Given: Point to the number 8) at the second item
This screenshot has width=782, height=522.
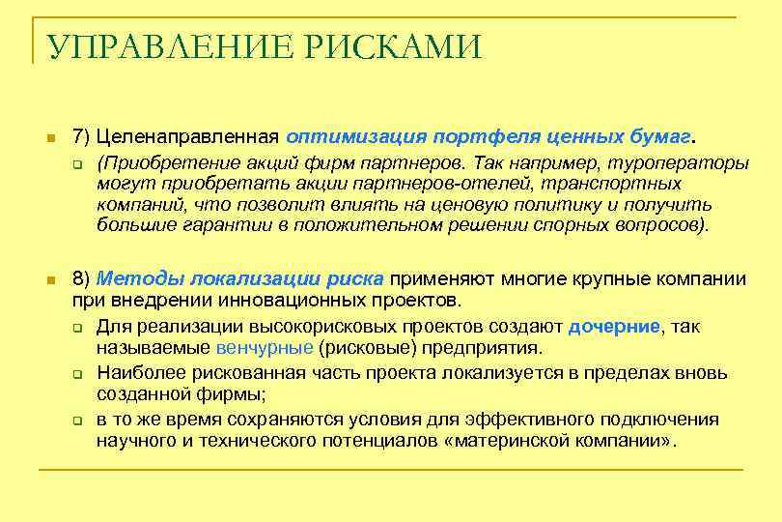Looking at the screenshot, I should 82,279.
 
